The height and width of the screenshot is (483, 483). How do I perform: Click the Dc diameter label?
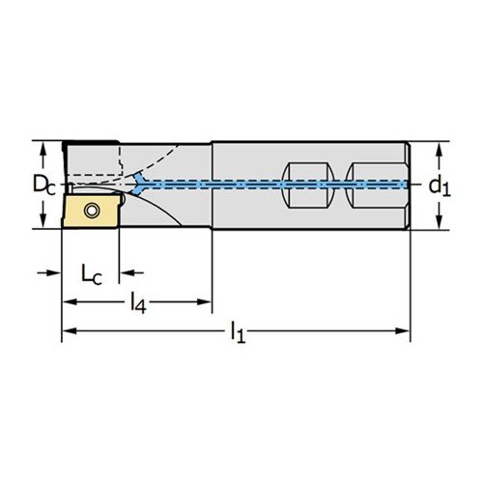coord(44,185)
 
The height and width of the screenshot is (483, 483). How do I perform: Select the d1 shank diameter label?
coord(440,185)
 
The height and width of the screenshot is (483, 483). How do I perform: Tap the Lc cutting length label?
coord(92,275)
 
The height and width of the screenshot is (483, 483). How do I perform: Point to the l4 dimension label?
coord(138,303)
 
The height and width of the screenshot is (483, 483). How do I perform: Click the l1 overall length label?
coord(238,332)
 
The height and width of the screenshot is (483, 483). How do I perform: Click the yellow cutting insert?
coord(90,211)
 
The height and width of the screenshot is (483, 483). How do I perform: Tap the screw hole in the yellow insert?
coord(92,211)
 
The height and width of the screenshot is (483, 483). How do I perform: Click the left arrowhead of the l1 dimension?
coord(70,330)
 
